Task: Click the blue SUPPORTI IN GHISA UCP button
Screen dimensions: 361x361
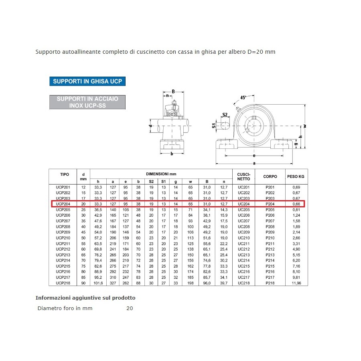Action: pos(87,81)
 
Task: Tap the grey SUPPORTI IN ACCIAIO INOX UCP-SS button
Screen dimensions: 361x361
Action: pos(87,102)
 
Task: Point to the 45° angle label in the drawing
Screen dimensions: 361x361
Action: pos(243,97)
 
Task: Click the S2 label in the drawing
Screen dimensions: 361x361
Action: pos(225,115)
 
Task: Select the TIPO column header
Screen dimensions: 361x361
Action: pos(65,174)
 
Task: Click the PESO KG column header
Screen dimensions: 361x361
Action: pos(296,176)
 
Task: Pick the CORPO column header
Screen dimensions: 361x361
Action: pos(270,176)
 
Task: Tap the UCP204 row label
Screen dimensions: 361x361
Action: pos(63,204)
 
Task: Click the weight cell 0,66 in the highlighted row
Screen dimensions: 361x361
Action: pos(296,204)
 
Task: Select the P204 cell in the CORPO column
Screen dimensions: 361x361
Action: pos(270,204)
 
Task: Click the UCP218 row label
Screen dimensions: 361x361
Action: pos(63,283)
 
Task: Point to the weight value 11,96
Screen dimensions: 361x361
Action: pos(296,283)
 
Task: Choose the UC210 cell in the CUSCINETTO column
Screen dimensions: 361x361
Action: pos(244,238)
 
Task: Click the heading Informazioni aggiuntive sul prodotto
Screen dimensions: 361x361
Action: pos(85,298)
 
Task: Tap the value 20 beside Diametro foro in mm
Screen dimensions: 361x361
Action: pos(130,308)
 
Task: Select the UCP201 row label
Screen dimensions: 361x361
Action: pos(63,187)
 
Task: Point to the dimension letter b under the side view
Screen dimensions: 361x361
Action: pos(172,154)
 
